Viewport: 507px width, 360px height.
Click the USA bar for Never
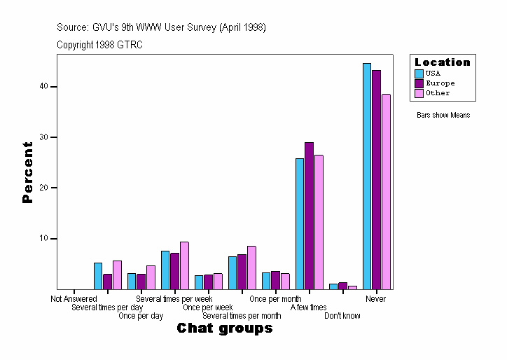[367, 176]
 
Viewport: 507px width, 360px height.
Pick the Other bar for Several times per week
[184, 265]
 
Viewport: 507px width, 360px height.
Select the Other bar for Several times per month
[251, 268]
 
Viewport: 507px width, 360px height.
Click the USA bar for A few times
[300, 223]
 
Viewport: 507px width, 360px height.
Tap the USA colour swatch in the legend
[419, 74]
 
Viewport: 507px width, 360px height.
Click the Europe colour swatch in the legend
[419, 83]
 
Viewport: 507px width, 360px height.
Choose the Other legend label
[438, 93]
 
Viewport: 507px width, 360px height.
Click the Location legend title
[443, 62]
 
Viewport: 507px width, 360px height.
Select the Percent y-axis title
[27, 172]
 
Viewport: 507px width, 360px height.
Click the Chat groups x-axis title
[224, 328]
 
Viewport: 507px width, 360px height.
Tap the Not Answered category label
[74, 299]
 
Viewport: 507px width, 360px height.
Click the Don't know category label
[342, 316]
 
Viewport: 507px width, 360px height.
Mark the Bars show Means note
[443, 116]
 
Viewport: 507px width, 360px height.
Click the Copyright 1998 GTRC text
[100, 45]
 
